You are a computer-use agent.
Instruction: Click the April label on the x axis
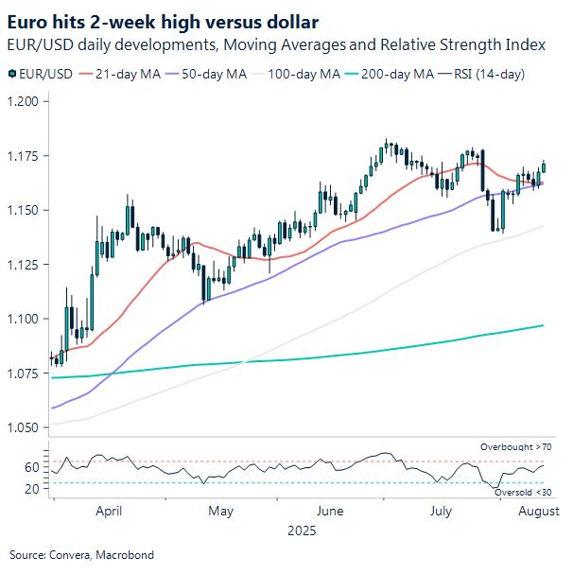110,511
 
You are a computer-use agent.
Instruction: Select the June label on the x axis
330,511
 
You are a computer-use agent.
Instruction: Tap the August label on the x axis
537,511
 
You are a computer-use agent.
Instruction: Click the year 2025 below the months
303,531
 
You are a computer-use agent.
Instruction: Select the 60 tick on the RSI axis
31,467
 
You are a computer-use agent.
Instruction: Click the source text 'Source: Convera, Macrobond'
81,555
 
